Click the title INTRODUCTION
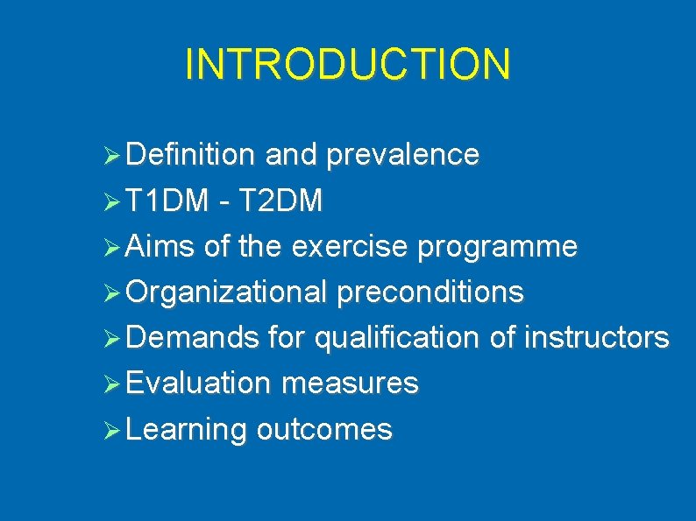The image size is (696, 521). [x=347, y=65]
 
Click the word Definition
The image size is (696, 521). [x=190, y=156]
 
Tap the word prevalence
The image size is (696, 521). [x=402, y=156]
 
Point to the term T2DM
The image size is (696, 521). [x=279, y=201]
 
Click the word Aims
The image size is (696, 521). [x=160, y=247]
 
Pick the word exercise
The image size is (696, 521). [x=350, y=247]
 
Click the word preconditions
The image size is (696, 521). [x=430, y=292]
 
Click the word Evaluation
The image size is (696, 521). [x=198, y=384]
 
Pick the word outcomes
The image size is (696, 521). [x=324, y=429]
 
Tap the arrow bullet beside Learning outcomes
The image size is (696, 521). [x=110, y=430]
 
